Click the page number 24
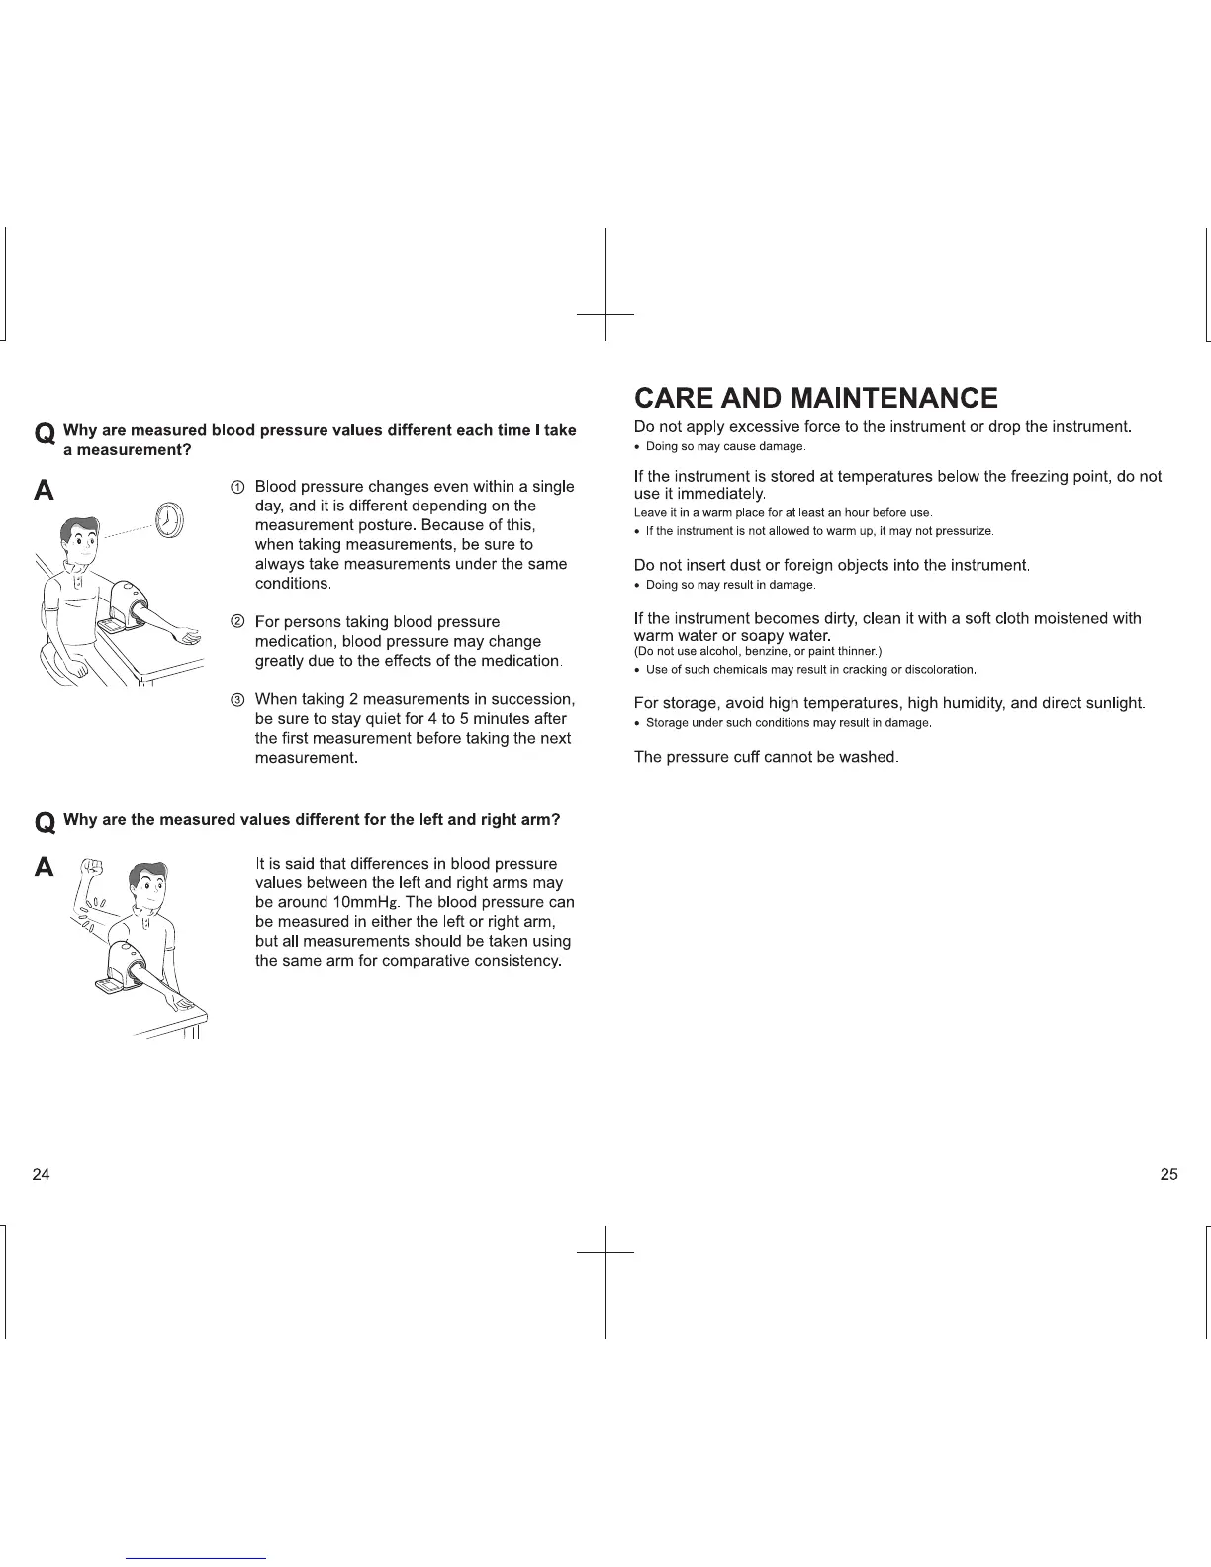click(41, 1175)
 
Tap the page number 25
click(1168, 1175)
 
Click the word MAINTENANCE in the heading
click(891, 398)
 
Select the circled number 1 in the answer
click(237, 487)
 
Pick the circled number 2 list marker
click(237, 622)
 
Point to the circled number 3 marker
click(237, 700)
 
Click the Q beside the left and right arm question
click(45, 823)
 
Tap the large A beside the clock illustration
click(45, 492)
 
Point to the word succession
click(532, 699)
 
